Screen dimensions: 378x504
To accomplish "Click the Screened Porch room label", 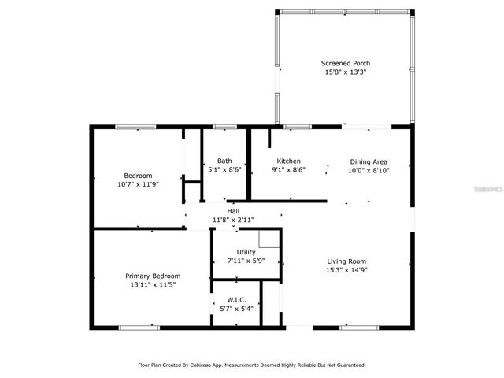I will pos(345,63).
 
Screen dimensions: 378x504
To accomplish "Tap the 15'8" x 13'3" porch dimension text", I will pos(345,72).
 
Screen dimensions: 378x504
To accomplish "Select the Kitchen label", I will pos(288,161).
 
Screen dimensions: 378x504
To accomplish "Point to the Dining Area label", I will pos(369,161).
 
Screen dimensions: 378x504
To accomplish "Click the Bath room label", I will pos(225,161).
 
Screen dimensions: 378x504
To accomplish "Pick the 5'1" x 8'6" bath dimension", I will pos(225,169).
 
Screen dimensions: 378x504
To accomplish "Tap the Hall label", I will pos(233,211).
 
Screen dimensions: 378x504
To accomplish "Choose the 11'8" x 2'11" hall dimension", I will pos(233,220).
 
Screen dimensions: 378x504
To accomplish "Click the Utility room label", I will pos(246,252).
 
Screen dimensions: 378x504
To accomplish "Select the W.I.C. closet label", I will pos(236,300).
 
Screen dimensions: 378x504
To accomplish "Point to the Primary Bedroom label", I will pos(153,276).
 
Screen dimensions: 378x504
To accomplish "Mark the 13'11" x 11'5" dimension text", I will pos(153,284).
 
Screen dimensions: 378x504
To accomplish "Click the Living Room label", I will pos(346,261).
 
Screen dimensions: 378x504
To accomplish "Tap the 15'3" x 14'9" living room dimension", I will pos(346,269).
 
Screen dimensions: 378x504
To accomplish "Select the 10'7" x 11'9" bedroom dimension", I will pos(138,184).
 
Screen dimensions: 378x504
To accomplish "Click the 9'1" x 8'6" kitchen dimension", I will pos(288,169).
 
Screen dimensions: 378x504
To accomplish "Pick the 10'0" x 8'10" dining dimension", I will pos(369,170).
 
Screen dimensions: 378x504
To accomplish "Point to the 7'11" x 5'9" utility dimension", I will pos(246,261).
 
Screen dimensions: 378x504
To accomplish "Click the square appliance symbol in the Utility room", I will pos(269,239).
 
